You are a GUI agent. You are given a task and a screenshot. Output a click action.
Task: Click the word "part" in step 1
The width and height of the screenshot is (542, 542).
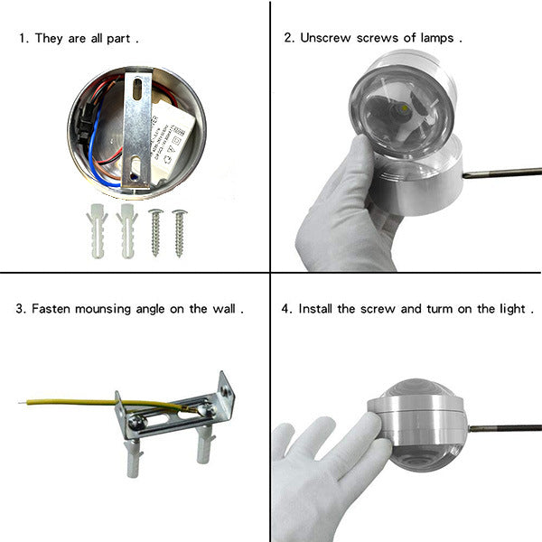(x=118, y=39)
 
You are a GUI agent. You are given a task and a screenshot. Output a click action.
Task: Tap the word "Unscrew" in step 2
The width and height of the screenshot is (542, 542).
(x=325, y=38)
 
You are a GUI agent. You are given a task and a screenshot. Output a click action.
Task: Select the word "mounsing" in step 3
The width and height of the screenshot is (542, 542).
(x=103, y=309)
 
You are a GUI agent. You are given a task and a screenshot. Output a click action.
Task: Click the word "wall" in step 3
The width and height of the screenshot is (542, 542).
(x=224, y=308)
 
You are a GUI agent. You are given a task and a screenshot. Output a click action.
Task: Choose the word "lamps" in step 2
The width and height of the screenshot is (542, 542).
(x=437, y=38)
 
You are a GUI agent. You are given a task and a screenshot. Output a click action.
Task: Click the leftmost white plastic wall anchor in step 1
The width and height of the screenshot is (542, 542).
(x=98, y=231)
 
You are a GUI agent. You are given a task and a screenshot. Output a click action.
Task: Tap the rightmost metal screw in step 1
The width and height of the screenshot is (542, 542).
(x=180, y=233)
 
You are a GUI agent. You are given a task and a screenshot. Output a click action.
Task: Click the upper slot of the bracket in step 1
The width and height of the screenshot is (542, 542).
(x=137, y=89)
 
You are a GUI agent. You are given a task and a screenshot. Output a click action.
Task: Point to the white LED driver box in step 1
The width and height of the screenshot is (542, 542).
(x=171, y=142)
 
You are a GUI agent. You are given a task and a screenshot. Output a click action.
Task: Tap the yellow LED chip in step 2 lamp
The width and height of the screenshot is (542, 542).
(x=405, y=109)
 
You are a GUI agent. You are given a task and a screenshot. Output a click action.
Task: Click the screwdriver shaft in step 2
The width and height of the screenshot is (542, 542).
(x=502, y=173)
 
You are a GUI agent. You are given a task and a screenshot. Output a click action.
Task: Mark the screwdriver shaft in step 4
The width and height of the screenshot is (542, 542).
(x=505, y=428)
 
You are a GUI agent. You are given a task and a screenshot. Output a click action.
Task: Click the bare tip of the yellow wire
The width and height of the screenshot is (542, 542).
(x=23, y=402)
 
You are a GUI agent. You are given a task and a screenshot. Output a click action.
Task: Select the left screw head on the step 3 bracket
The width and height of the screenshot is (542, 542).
(x=138, y=423)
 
